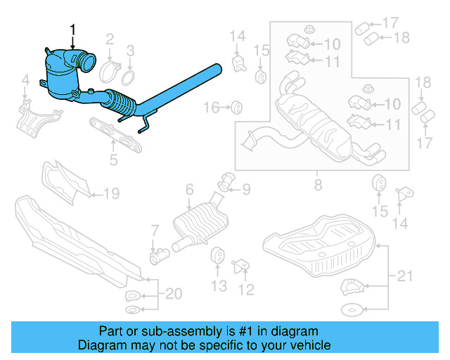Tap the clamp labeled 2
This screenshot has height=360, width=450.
tap(110, 71)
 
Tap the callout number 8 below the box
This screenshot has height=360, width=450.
tap(318, 186)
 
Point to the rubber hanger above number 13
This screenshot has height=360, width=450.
tap(219, 256)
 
